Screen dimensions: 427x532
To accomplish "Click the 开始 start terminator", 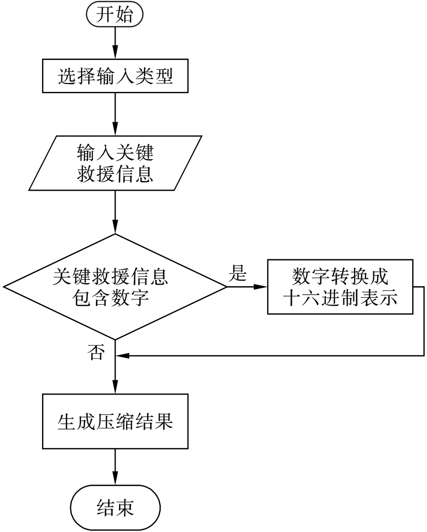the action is [x=115, y=14].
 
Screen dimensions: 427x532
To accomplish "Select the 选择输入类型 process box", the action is [x=115, y=76].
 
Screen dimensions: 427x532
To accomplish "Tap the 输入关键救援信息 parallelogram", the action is [x=115, y=163].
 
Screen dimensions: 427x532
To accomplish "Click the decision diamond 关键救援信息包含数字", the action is [x=115, y=287].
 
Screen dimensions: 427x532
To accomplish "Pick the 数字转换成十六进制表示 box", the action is [x=340, y=287].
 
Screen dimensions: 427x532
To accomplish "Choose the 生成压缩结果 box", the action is [x=115, y=421].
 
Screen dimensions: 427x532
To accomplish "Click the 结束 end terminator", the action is [x=115, y=507].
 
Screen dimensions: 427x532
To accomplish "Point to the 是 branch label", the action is [x=237, y=273].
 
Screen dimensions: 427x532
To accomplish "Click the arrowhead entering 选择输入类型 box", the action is [x=115, y=54].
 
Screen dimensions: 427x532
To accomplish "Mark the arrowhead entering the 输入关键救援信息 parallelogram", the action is [x=115, y=131].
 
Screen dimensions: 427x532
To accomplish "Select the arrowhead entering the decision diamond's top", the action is [x=115, y=229].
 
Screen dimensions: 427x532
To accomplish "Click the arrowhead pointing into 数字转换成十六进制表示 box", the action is [x=261, y=287].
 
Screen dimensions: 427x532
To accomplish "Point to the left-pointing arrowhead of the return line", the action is [x=122, y=356].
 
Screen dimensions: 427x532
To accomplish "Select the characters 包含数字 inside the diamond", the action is [x=111, y=298].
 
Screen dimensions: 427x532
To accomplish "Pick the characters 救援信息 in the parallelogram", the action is [x=115, y=174].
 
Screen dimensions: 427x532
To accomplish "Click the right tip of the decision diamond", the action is [x=227, y=287].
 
